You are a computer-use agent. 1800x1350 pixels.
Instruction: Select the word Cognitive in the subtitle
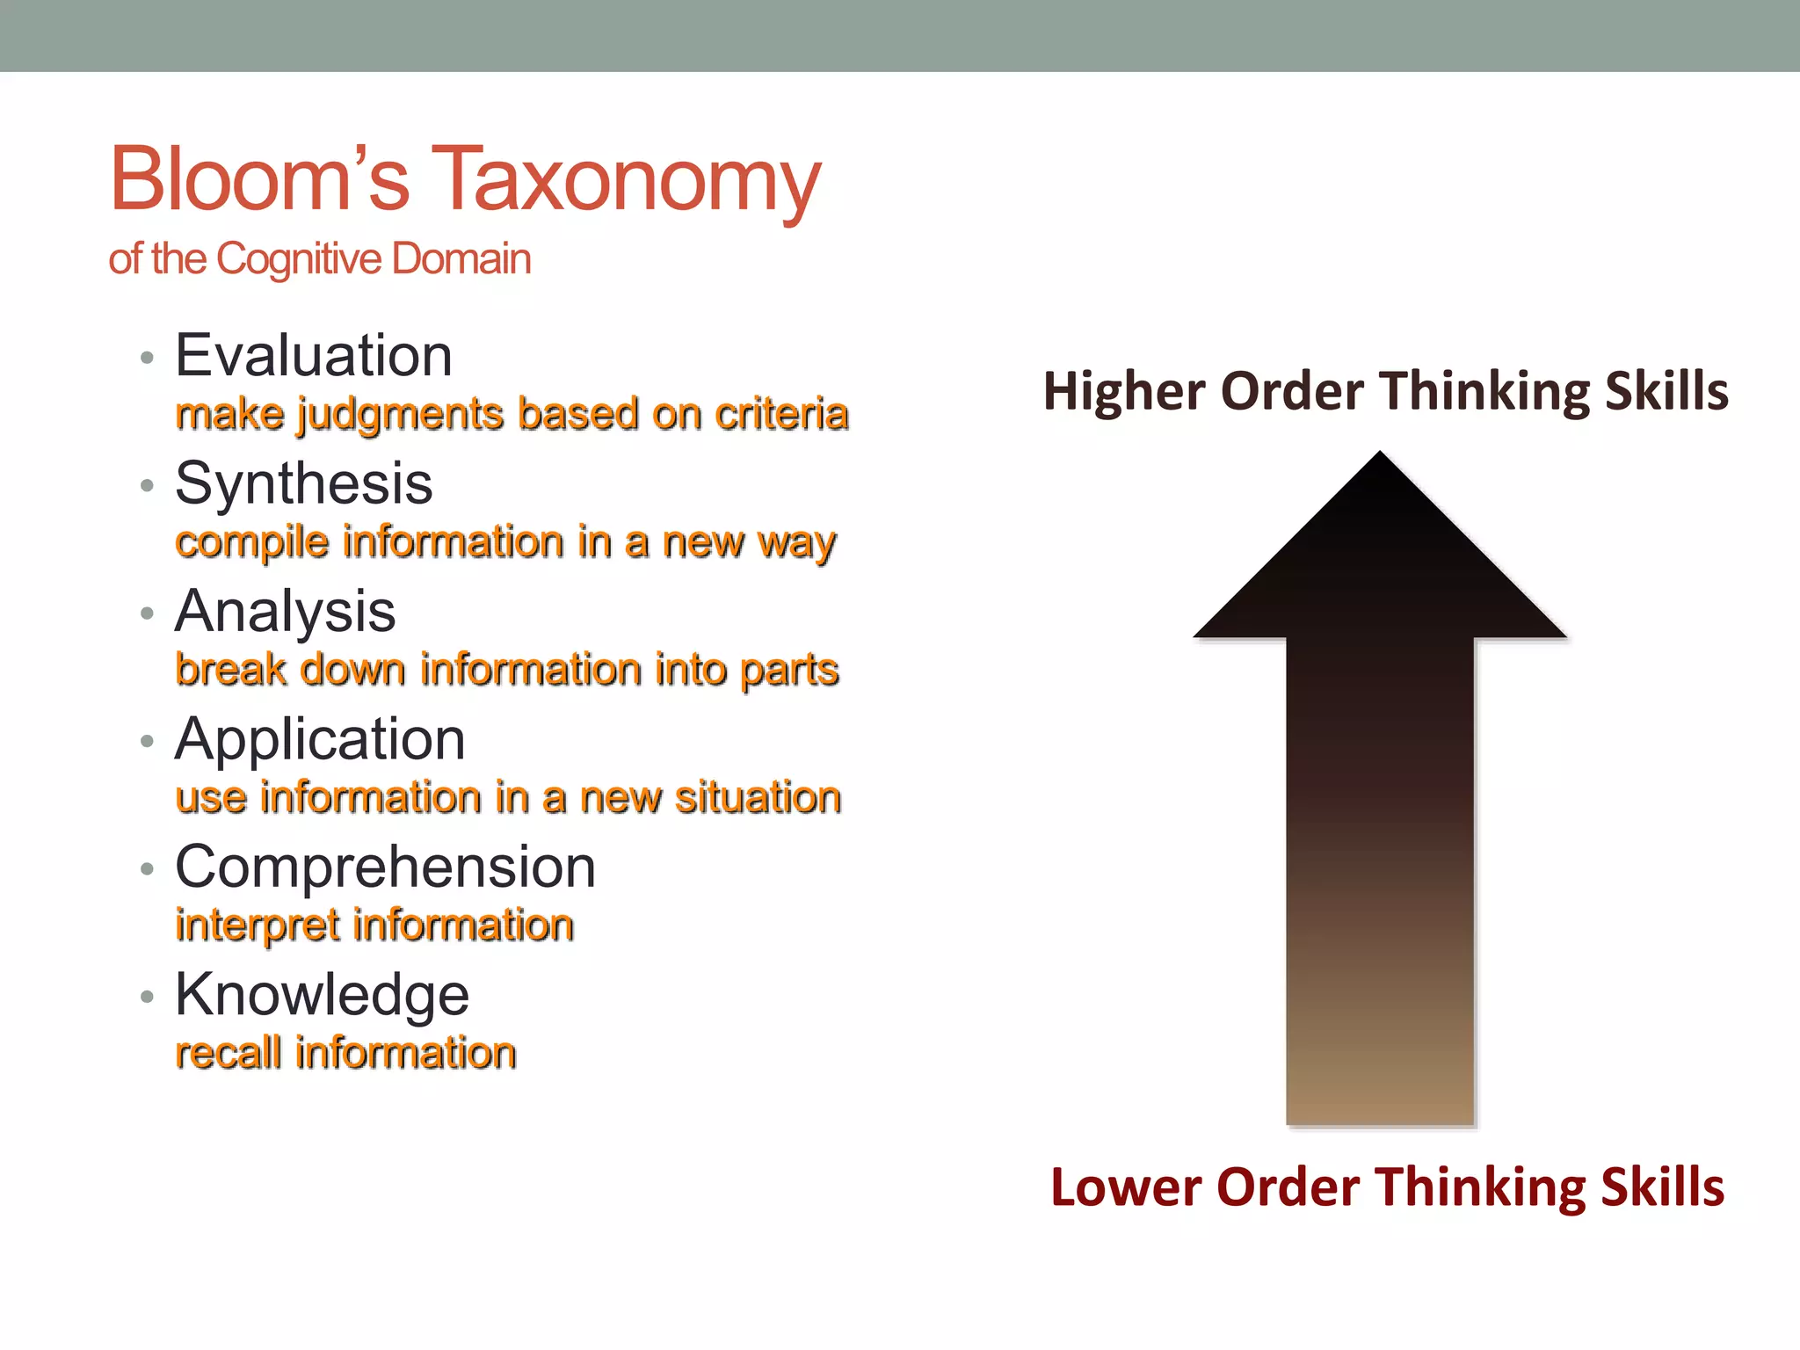pos(299,259)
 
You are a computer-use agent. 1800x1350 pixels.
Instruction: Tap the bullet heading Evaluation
pos(314,356)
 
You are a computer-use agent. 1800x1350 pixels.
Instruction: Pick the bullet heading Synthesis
pos(304,483)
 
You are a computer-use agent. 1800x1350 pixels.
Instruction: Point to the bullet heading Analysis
pos(286,611)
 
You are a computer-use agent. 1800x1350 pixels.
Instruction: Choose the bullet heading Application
pos(320,739)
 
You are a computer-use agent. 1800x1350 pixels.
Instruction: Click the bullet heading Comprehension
pos(386,867)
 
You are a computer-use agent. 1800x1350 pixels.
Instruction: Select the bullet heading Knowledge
pos(322,995)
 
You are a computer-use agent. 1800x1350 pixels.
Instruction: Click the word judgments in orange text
pos(401,415)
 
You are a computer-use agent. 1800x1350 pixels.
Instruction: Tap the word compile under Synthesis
pos(252,542)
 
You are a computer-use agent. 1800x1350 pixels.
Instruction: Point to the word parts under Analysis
pos(789,671)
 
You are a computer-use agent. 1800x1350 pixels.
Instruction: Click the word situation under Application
pos(758,798)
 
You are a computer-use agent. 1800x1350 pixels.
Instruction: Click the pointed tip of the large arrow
pos(1380,455)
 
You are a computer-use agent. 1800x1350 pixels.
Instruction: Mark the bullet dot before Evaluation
pos(147,358)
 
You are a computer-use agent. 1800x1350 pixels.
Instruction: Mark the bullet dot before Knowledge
pos(147,997)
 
